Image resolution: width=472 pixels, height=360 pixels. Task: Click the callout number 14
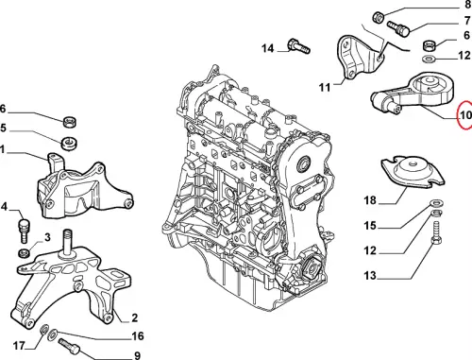click(268, 48)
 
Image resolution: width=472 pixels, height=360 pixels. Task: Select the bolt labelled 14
click(299, 46)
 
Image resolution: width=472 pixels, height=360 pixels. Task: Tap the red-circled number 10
click(465, 115)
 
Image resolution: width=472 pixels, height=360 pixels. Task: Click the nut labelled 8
click(378, 17)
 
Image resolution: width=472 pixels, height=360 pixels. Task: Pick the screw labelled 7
click(398, 28)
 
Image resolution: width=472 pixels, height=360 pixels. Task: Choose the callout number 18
click(370, 200)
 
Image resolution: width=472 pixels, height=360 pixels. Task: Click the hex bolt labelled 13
click(436, 234)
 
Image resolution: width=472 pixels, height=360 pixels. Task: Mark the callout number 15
click(370, 226)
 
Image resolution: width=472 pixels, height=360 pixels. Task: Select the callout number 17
click(19, 346)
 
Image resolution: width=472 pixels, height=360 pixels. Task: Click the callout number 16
click(138, 336)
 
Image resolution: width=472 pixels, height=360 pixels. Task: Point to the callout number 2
click(134, 317)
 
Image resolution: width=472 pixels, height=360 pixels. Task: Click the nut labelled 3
click(24, 252)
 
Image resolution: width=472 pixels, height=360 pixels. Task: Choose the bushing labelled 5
click(69, 144)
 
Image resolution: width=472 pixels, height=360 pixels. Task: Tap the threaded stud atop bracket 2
click(67, 243)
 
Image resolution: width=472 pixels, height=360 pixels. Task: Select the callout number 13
click(370, 276)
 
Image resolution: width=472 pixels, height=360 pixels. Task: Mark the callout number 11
click(325, 87)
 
